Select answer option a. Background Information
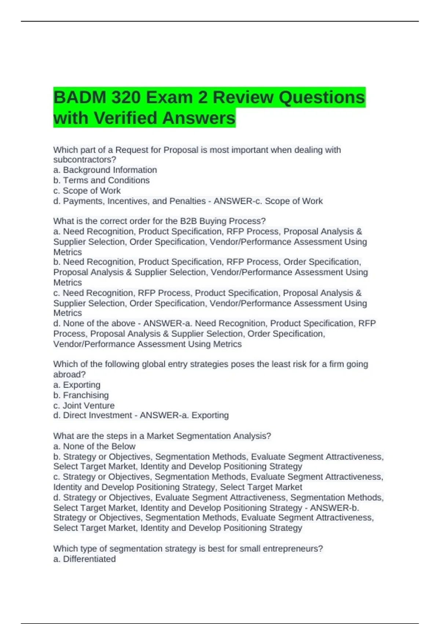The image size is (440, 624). (105, 170)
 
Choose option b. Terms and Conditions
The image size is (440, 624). (102, 180)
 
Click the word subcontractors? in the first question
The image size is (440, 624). (85, 160)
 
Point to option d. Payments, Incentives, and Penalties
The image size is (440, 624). (129, 201)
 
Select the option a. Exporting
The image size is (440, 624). (77, 385)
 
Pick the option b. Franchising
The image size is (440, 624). (81, 395)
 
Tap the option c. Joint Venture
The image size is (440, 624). (84, 405)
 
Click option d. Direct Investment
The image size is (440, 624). (92, 415)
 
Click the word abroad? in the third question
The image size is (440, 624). (69, 374)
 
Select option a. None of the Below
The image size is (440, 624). (94, 446)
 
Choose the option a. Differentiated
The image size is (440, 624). (84, 559)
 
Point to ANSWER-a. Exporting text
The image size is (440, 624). (184, 415)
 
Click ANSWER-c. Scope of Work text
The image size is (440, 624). (268, 201)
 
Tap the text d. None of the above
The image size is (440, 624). (94, 323)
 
